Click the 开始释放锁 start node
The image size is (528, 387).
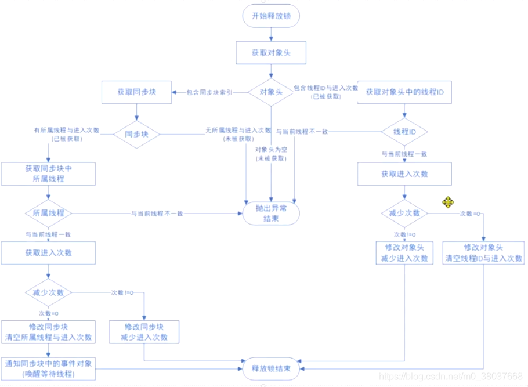pos(271,16)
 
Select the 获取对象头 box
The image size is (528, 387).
pos(271,52)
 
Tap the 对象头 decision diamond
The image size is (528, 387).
pos(271,92)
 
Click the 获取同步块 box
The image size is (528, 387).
pos(136,92)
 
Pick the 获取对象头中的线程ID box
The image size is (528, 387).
pos(404,92)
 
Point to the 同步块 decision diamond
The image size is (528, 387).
pos(136,133)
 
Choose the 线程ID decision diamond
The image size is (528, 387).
pos(404,131)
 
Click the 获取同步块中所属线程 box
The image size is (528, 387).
pos(48,173)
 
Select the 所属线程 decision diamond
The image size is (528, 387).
pos(48,213)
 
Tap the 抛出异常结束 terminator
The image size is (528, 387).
pos(271,214)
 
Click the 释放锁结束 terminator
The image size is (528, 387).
pos(271,368)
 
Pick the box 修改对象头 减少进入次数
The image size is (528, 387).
pos(404,252)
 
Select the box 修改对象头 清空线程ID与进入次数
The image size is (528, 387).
pos(483,252)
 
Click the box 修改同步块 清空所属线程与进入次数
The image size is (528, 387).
pos(48,332)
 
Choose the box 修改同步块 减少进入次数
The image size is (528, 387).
pos(144,332)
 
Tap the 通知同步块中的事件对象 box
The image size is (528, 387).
pos(48,368)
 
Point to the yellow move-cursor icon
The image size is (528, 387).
pos(448,202)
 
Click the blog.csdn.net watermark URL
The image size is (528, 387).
pos(458,377)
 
